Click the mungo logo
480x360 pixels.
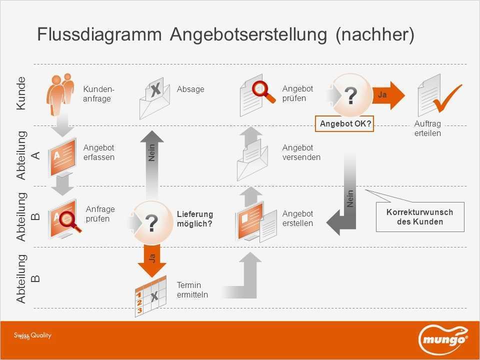tap(443, 339)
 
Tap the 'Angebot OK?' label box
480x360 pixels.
tap(344, 123)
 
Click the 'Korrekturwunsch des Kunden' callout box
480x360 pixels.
tap(420, 216)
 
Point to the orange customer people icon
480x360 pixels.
tap(60, 95)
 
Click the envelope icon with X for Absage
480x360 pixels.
tap(154, 98)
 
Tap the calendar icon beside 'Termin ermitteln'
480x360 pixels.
tap(150, 296)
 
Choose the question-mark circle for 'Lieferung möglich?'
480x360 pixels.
tap(151, 222)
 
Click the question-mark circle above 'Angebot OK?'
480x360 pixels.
tap(351, 95)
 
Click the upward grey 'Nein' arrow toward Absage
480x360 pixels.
tap(152, 165)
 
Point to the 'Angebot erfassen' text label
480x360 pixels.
tap(99, 152)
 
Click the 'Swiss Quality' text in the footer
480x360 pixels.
tap(32, 335)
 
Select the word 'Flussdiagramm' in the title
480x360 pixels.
tap(99, 34)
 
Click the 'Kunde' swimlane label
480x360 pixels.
tap(21, 93)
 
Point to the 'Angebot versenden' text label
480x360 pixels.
tap(301, 152)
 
